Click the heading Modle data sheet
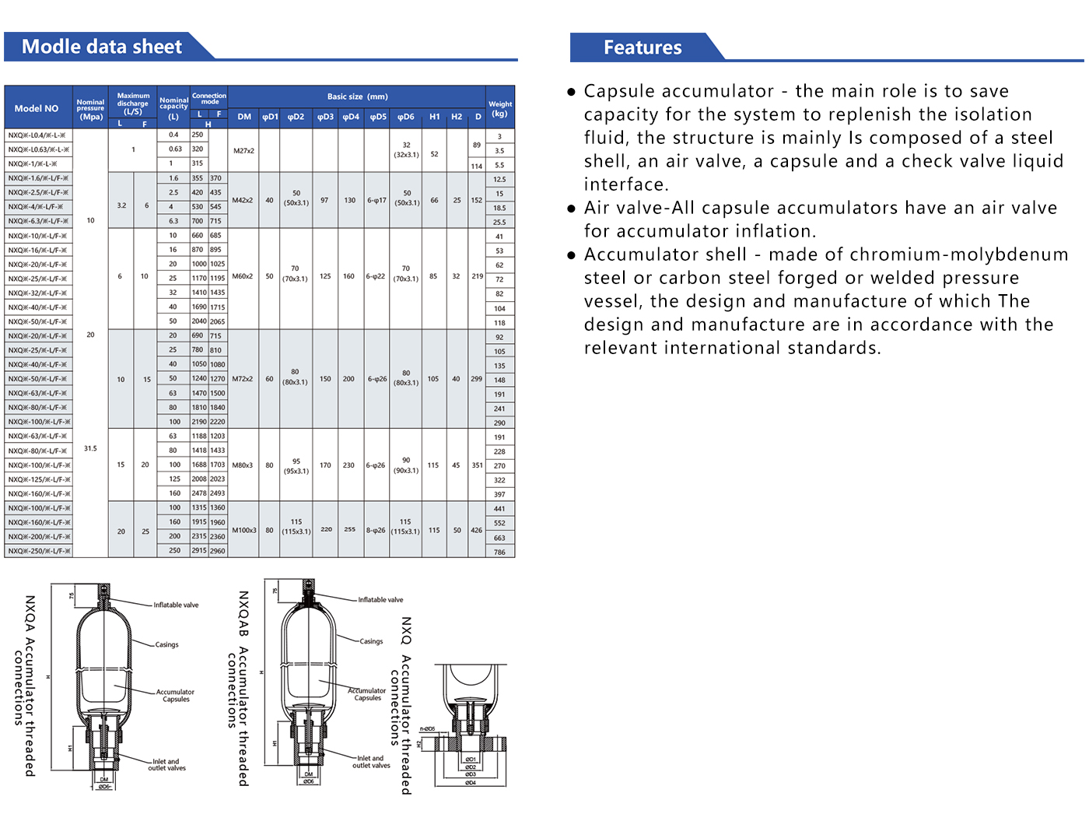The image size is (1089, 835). click(x=102, y=47)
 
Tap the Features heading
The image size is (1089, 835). click(x=643, y=47)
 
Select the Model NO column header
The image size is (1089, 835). click(x=37, y=108)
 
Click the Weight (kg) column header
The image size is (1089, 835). click(x=500, y=108)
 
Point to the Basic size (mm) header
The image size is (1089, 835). click(x=357, y=96)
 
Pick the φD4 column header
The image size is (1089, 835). click(x=351, y=117)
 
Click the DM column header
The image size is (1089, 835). click(x=244, y=117)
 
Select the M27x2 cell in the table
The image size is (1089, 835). click(x=243, y=150)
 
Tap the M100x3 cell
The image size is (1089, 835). click(x=243, y=530)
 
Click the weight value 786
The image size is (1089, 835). click(x=499, y=553)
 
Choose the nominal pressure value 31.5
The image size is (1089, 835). click(x=90, y=448)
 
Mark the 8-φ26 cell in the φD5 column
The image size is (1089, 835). click(x=376, y=530)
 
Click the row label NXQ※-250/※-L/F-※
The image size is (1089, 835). click(x=39, y=551)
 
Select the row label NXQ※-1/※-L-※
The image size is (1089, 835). click(x=33, y=164)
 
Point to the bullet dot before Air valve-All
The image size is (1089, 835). click(x=572, y=209)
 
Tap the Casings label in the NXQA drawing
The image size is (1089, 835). click(x=166, y=644)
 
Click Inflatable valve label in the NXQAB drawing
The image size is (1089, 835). click(x=380, y=600)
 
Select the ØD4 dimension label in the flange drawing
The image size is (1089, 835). click(x=471, y=783)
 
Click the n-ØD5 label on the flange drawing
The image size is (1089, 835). click(x=427, y=729)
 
